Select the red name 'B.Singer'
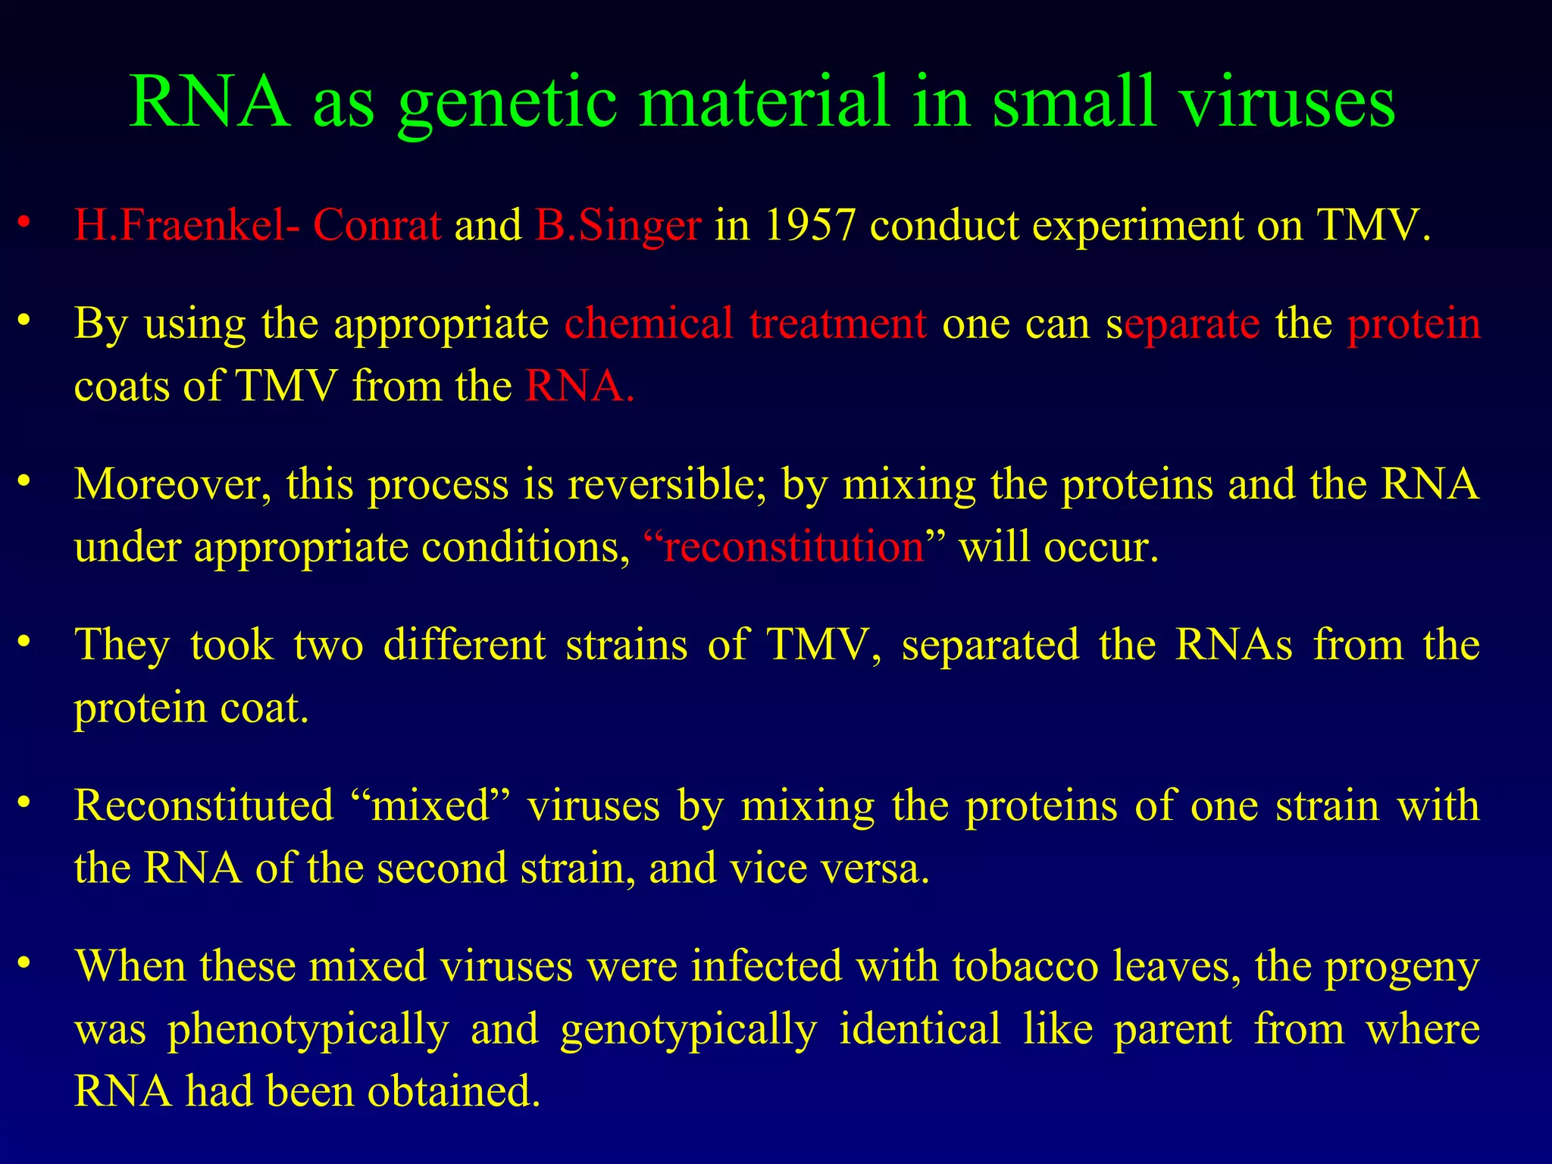click(x=618, y=225)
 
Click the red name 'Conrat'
click(x=377, y=225)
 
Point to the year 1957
click(x=809, y=225)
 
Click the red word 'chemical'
click(x=649, y=324)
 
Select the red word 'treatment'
click(x=838, y=324)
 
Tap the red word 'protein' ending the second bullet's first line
click(x=1413, y=324)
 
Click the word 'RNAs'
click(x=1234, y=645)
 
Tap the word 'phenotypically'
click(x=308, y=1030)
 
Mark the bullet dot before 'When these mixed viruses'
click(x=24, y=962)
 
